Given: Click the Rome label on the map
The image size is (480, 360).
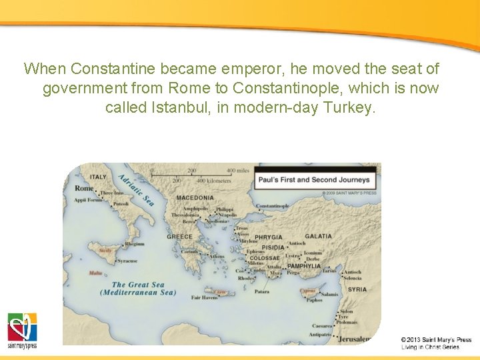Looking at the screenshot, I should [x=84, y=189].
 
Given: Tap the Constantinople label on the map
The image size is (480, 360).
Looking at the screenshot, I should [x=273, y=206].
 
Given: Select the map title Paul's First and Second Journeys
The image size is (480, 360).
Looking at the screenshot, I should [x=314, y=179].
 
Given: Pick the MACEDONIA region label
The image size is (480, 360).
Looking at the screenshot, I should [x=195, y=198].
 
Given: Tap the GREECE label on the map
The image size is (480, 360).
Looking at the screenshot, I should [x=179, y=237].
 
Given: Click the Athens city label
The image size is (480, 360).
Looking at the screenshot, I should [x=217, y=256].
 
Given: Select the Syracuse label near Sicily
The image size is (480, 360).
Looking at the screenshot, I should [x=127, y=261].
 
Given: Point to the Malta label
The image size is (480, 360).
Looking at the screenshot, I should [x=96, y=273].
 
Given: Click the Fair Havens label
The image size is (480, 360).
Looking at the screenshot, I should [x=205, y=298].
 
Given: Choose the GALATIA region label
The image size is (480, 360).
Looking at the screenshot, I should [x=318, y=236].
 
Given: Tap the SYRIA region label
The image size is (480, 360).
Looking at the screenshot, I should [x=357, y=289].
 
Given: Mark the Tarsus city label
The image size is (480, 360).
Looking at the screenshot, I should [x=329, y=271].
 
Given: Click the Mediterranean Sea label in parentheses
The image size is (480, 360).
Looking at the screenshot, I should [x=138, y=293].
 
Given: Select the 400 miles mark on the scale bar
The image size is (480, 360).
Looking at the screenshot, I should [x=237, y=171].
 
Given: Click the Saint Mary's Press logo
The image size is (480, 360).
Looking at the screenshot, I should [x=22, y=331].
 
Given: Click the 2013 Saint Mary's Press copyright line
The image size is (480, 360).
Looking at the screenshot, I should [x=436, y=340].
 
